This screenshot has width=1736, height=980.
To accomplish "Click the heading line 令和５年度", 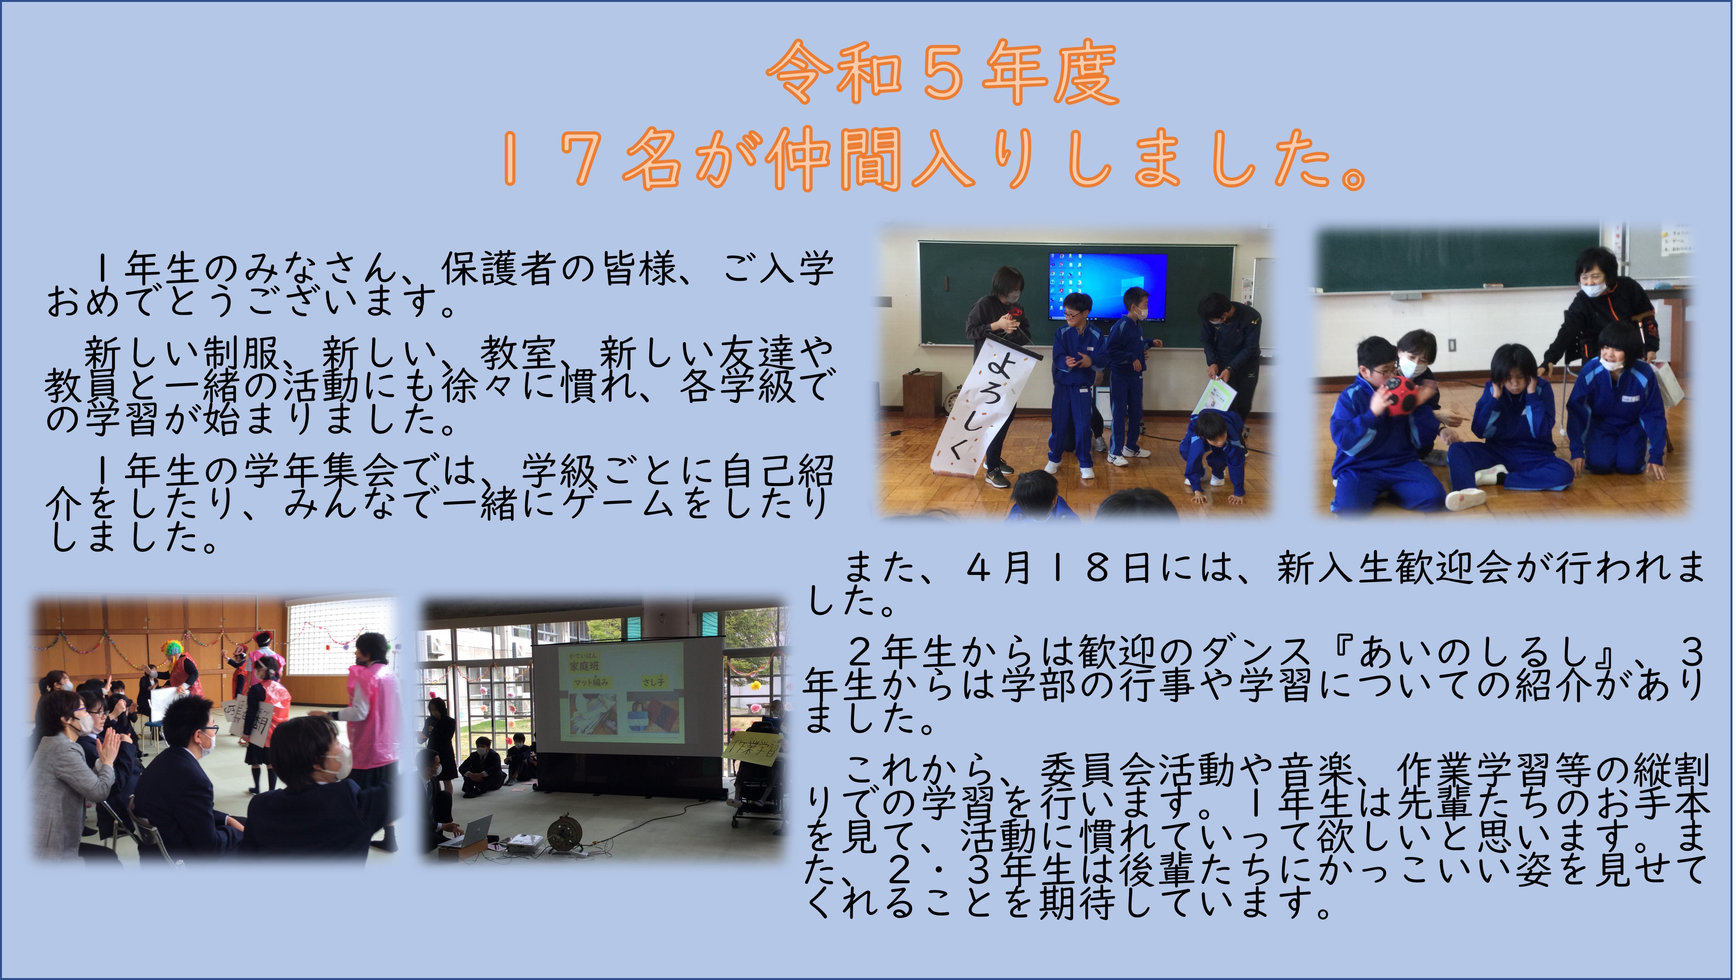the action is tap(942, 73).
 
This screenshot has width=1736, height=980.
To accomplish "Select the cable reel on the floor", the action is tap(563, 833).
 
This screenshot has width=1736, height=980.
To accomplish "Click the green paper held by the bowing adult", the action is tap(1213, 398).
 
